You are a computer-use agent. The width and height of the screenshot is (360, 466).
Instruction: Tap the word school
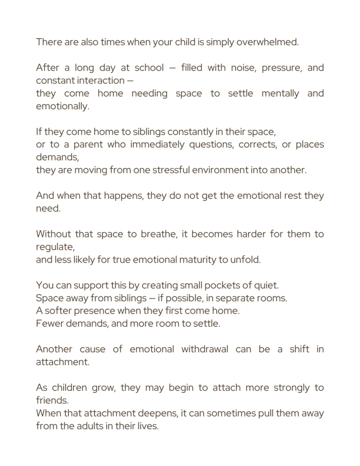click(150, 68)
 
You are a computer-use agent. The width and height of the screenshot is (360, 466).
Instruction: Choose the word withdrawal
click(205, 349)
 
